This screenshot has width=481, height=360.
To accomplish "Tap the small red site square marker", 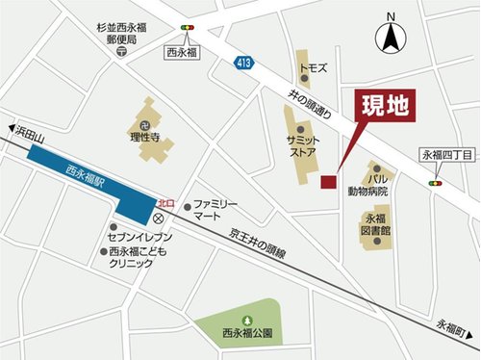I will pos(328,182).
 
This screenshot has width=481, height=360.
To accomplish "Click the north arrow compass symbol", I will pos(392,36).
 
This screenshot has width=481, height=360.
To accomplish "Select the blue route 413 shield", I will pos(242,62).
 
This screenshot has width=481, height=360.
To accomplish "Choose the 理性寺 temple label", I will pos(150,137).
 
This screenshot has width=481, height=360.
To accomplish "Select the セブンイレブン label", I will pos(140,236).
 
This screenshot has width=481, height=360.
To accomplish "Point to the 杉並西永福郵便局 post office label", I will pos(120,37).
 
